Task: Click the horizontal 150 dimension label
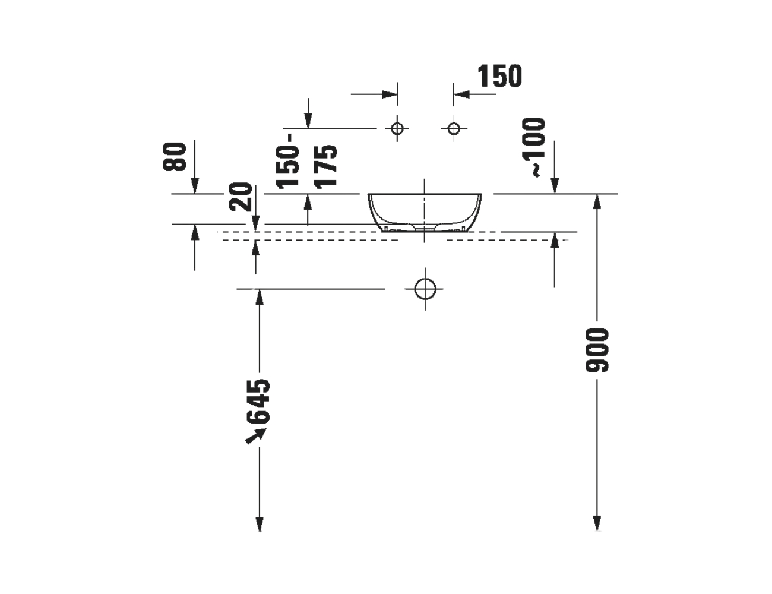point(499,75)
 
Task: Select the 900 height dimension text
point(597,350)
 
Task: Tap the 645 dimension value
point(258,402)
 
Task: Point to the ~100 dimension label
point(533,147)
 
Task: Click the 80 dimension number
point(175,157)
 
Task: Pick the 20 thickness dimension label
point(241,197)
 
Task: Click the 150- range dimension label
point(287,161)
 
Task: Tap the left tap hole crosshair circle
point(397,128)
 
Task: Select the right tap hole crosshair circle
point(454,128)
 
